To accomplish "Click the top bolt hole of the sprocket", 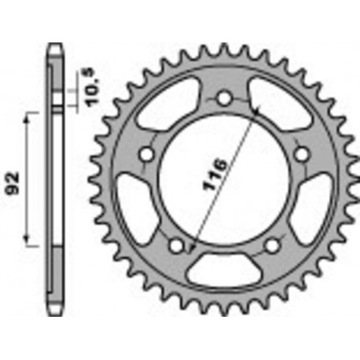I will point(224,99).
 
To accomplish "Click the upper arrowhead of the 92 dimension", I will point(30,115).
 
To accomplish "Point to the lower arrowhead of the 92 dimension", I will point(30,244).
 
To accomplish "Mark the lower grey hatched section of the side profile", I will point(55,275).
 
